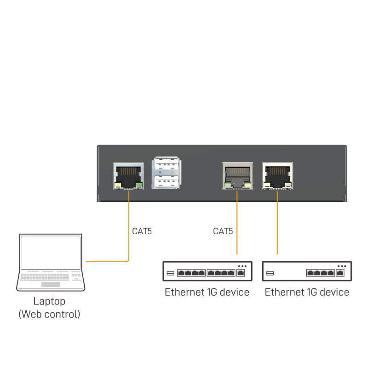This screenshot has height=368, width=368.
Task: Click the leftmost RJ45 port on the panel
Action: (x=128, y=175)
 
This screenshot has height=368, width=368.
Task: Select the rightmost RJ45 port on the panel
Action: (x=277, y=175)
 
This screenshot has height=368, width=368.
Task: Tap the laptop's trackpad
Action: (x=51, y=285)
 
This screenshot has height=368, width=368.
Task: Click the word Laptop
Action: (x=49, y=302)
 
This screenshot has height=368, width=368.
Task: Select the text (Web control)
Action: (x=49, y=315)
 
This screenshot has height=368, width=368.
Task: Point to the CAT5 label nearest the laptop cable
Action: (x=142, y=231)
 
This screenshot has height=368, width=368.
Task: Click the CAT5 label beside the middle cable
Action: (x=223, y=231)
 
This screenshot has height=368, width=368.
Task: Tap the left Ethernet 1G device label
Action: (x=207, y=292)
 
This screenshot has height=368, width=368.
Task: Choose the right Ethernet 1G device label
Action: (x=307, y=292)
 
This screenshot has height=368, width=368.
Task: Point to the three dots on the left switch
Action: (x=242, y=266)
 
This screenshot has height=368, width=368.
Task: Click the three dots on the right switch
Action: (x=341, y=266)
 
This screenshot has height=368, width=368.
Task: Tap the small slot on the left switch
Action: (x=171, y=274)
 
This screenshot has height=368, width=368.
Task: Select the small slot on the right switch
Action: (x=270, y=274)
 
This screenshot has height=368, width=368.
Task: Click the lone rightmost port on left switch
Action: (x=241, y=273)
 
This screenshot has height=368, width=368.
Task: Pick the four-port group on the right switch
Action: (x=321, y=273)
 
